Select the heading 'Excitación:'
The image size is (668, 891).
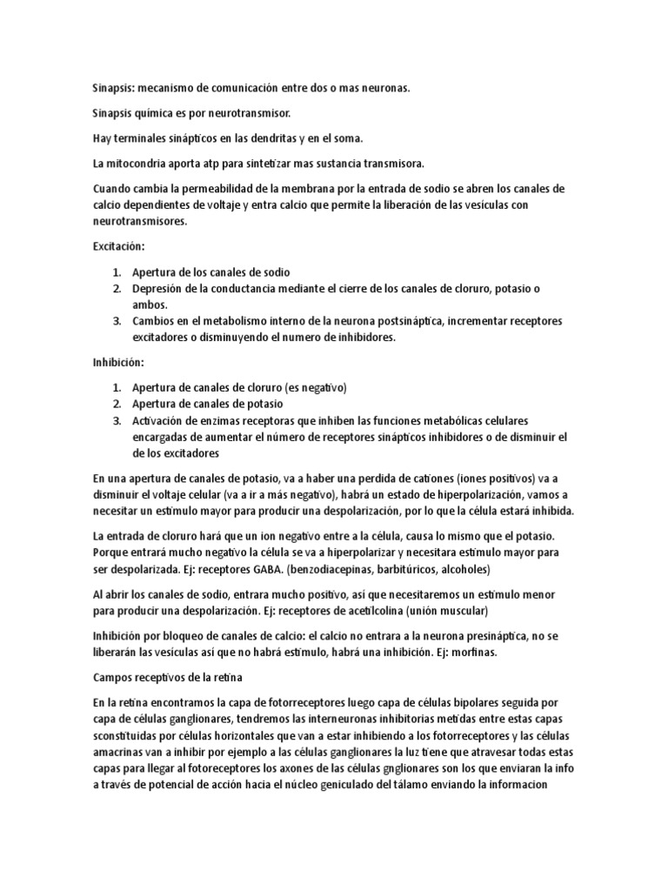[x=118, y=246]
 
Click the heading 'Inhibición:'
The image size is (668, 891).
[x=118, y=361]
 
